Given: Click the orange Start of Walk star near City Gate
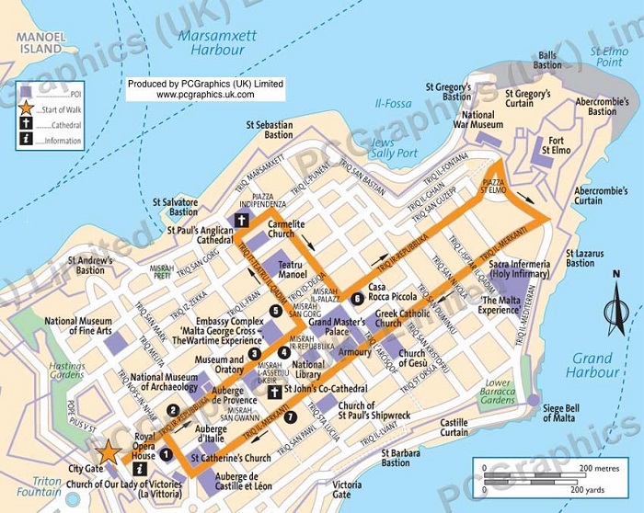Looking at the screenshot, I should pos(109,451).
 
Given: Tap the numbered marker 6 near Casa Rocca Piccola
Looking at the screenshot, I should pos(356,297).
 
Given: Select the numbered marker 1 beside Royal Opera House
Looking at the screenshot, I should pos(167,452).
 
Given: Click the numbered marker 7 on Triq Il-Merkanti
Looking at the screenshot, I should pos(291,416).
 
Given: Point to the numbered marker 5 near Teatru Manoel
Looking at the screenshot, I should pos(276,311).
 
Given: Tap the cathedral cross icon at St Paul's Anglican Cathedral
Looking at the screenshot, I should pos(242,220).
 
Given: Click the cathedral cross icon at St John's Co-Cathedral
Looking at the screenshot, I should pos(273,393).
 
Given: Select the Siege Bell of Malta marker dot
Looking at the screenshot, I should pos(532,400).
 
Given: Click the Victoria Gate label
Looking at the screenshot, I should pos(347,489).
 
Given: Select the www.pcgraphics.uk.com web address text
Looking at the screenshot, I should pos(206,94).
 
